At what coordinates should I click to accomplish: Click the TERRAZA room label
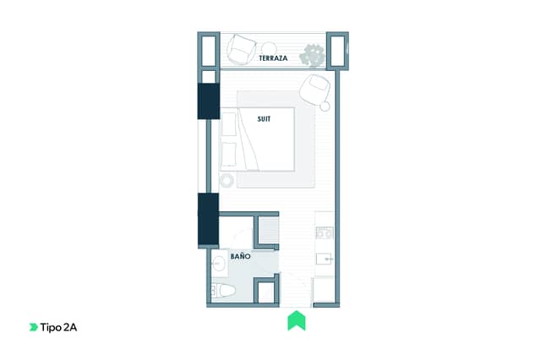click(273, 58)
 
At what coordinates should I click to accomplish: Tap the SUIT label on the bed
click(264, 119)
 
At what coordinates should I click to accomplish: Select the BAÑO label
click(240, 256)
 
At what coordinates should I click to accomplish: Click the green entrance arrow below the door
click(297, 320)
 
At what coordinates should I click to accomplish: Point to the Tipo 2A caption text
click(58, 327)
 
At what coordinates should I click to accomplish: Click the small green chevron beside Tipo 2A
click(34, 327)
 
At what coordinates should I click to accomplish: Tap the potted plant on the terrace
click(312, 55)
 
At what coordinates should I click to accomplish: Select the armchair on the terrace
click(242, 49)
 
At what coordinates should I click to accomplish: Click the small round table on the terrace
click(269, 49)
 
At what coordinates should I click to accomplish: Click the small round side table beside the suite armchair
click(325, 106)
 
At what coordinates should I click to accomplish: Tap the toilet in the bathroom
click(223, 291)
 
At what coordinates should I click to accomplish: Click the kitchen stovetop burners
click(325, 233)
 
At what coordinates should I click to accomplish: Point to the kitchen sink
click(325, 259)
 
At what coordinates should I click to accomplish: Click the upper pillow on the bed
click(229, 123)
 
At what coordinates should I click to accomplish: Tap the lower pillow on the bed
click(229, 154)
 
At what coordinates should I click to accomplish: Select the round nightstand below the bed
click(227, 180)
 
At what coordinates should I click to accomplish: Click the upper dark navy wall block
click(209, 101)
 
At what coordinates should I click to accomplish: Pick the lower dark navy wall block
click(208, 219)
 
